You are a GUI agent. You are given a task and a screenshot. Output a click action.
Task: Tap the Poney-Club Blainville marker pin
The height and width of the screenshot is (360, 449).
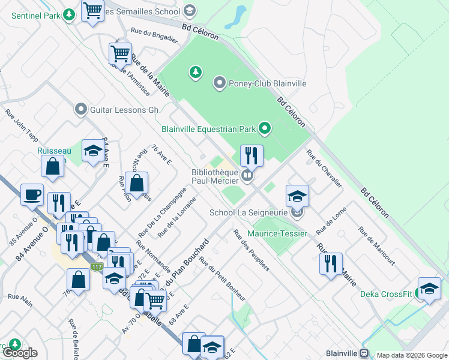coord(219,83)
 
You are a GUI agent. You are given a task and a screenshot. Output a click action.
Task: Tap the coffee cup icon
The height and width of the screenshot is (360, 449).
coord(32,194)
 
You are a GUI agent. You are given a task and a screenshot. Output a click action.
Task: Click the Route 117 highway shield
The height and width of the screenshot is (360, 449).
coord(96,266)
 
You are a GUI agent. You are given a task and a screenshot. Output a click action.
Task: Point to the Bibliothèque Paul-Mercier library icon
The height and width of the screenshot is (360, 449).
coord(247,176)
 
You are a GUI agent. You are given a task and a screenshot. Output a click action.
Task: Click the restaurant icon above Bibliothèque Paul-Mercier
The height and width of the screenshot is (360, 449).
coord(252,155)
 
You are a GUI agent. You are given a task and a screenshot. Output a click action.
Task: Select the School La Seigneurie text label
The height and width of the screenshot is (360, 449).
coord(248,212)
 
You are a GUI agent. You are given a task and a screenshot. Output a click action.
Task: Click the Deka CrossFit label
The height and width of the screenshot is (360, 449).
coord(386,294)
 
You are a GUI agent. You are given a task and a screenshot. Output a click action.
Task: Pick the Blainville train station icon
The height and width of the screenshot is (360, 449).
coord(364,353)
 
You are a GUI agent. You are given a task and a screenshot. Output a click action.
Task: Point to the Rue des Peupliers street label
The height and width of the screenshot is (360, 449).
coord(251,250)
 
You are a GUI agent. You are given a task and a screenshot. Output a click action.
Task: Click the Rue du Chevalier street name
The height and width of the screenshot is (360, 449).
coord(324,169)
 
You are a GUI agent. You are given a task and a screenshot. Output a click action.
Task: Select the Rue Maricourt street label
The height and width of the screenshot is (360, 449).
coord(376,245)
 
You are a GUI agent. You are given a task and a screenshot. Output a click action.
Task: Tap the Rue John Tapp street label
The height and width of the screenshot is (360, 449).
coord(22,125)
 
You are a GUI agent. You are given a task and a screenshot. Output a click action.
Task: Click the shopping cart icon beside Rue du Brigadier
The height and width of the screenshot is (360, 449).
coord(121,53)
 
